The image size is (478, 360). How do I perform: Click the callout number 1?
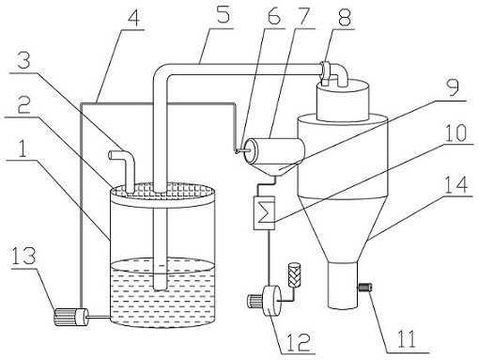[x=22, y=150]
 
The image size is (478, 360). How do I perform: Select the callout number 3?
[x=23, y=62]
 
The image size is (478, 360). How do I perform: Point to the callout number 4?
[x=133, y=19]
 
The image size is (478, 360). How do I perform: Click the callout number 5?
[x=223, y=16]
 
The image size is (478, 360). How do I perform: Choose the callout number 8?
[x=343, y=18]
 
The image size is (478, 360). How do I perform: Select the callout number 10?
[x=455, y=133]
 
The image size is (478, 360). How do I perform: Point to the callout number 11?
[x=407, y=338]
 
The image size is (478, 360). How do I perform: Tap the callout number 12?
[x=298, y=341]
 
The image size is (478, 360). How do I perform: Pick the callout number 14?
[x=456, y=184]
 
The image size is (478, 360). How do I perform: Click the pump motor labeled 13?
[x=71, y=318]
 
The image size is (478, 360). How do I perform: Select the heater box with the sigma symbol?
[x=264, y=212]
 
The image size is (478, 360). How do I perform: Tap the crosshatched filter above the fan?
[x=295, y=274]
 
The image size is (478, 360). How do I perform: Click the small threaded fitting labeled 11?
[x=364, y=287]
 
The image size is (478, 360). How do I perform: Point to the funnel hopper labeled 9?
[x=274, y=169]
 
